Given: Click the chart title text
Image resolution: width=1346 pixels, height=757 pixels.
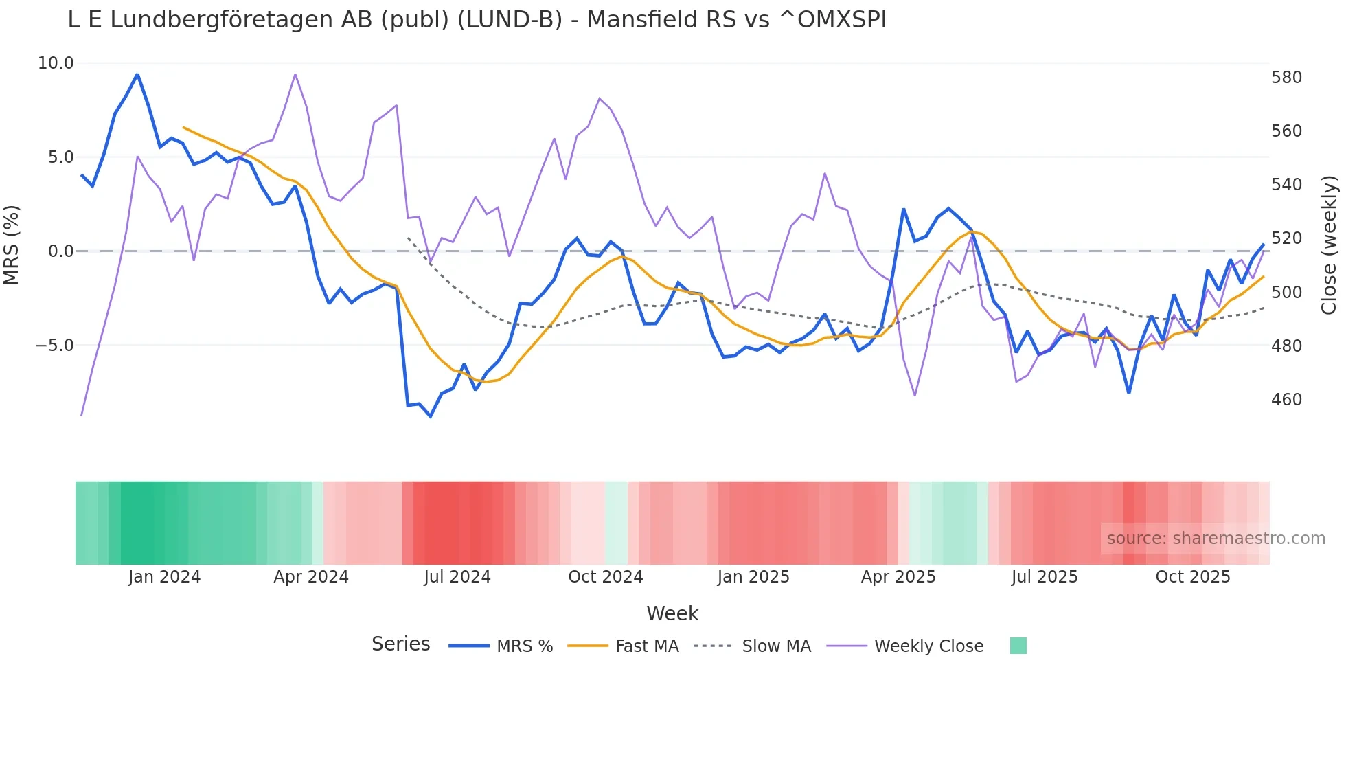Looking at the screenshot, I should tap(477, 20).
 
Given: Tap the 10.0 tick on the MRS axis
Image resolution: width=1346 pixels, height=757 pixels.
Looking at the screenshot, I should tap(56, 63).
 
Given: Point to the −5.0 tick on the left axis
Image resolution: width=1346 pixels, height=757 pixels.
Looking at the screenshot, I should tap(54, 346).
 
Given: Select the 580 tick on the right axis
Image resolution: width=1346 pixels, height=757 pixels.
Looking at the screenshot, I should tap(1286, 78).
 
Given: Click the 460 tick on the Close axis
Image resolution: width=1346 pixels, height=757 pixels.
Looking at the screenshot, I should tap(1286, 400).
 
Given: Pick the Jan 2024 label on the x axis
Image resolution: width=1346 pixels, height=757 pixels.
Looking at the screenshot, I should tap(164, 577).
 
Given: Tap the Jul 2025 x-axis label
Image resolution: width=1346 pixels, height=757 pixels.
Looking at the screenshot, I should tap(1044, 577).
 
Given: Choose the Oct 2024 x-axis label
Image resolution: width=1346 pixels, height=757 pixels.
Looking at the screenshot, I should tap(605, 577).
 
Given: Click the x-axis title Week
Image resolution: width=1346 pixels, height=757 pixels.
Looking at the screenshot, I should tap(672, 613).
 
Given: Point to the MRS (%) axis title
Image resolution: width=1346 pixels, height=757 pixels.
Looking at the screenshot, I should tap(12, 245).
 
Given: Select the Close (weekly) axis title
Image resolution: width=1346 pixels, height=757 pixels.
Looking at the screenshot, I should tap(1329, 245).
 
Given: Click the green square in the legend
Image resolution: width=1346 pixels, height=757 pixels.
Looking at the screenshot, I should tap(1018, 646).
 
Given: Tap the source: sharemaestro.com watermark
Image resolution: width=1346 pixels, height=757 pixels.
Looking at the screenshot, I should tap(1216, 539).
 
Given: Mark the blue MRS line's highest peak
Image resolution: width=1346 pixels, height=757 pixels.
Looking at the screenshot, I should tap(137, 74).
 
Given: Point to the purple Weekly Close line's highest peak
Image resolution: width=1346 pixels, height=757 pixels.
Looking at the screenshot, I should tap(295, 74).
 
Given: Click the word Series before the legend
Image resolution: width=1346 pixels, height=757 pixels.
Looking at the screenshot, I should tap(400, 644).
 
